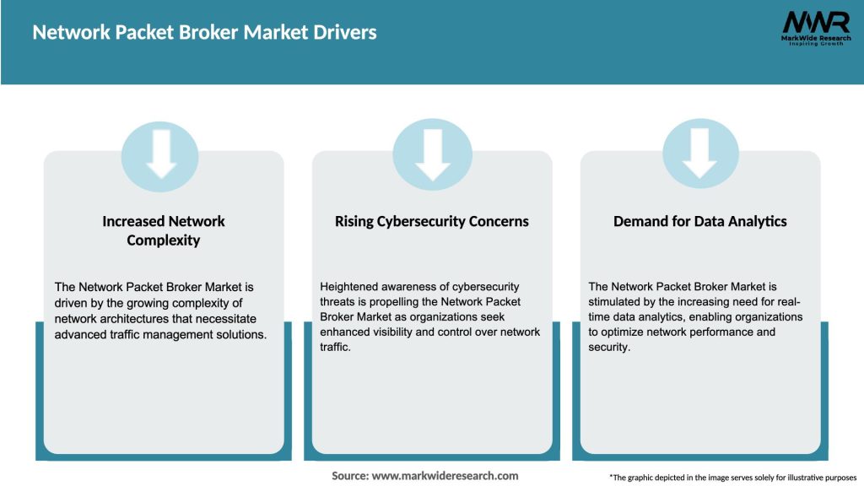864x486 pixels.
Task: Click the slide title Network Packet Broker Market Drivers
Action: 204,33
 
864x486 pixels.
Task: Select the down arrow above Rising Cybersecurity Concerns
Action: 432,154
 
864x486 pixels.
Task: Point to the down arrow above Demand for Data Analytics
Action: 700,154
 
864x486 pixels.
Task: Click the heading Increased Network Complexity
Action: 164,230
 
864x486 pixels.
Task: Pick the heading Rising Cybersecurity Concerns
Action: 432,221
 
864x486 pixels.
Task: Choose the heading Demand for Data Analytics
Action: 700,221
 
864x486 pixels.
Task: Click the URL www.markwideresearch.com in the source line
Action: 445,476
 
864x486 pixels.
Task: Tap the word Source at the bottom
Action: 349,476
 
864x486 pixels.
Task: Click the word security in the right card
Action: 608,348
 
